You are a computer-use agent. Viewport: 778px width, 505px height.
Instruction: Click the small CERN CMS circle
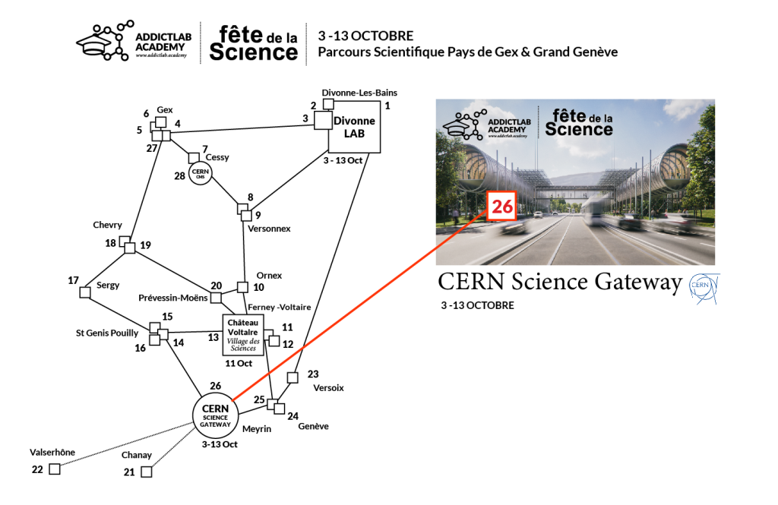tap(200, 173)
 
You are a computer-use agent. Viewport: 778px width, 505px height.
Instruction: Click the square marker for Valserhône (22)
tap(54, 469)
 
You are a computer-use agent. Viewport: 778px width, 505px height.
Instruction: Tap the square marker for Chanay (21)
tap(147, 472)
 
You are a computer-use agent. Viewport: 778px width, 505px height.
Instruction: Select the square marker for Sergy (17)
tap(85, 292)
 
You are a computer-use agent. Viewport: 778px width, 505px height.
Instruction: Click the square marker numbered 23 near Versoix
tap(293, 377)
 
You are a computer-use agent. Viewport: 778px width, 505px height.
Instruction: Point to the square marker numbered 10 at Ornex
tap(242, 287)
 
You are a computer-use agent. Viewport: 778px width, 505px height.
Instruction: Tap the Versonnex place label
tap(270, 228)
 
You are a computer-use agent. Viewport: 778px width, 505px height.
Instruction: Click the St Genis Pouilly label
tap(107, 333)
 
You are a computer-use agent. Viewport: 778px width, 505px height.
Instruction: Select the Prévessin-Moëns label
tap(173, 298)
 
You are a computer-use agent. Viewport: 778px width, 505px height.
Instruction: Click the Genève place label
tap(313, 426)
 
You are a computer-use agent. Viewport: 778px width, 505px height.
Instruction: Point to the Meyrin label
tap(257, 429)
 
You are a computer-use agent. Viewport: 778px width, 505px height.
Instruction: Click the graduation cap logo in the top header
tap(103, 43)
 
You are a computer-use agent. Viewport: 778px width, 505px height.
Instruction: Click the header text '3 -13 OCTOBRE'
tap(366, 36)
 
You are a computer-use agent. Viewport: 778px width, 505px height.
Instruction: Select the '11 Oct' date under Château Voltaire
tap(239, 363)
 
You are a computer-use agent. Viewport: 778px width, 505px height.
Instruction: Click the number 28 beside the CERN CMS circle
tap(180, 176)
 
